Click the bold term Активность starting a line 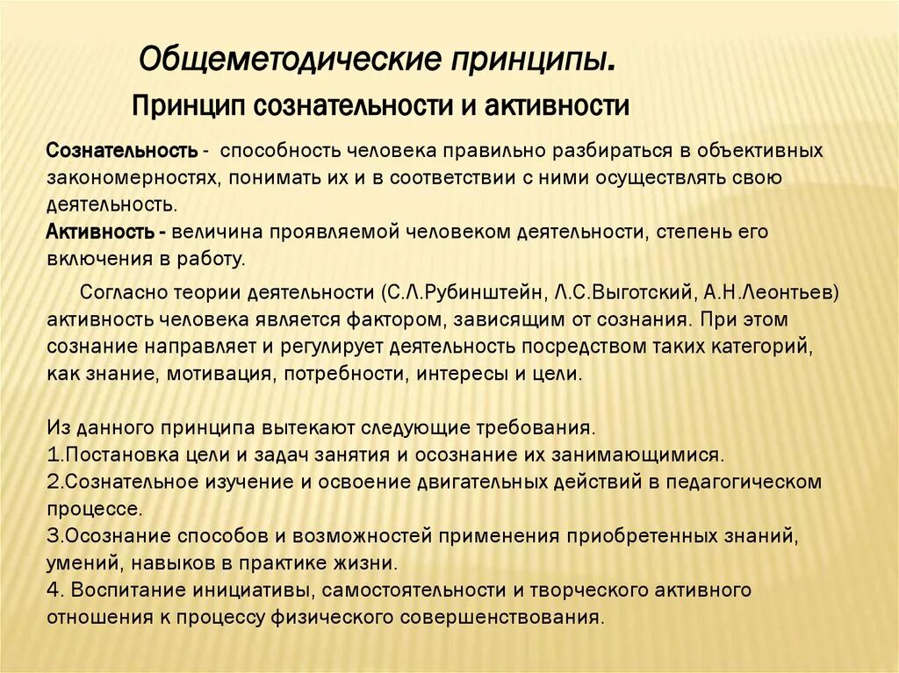coord(99,233)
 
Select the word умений coord(77,562)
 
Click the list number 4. coord(51,589)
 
